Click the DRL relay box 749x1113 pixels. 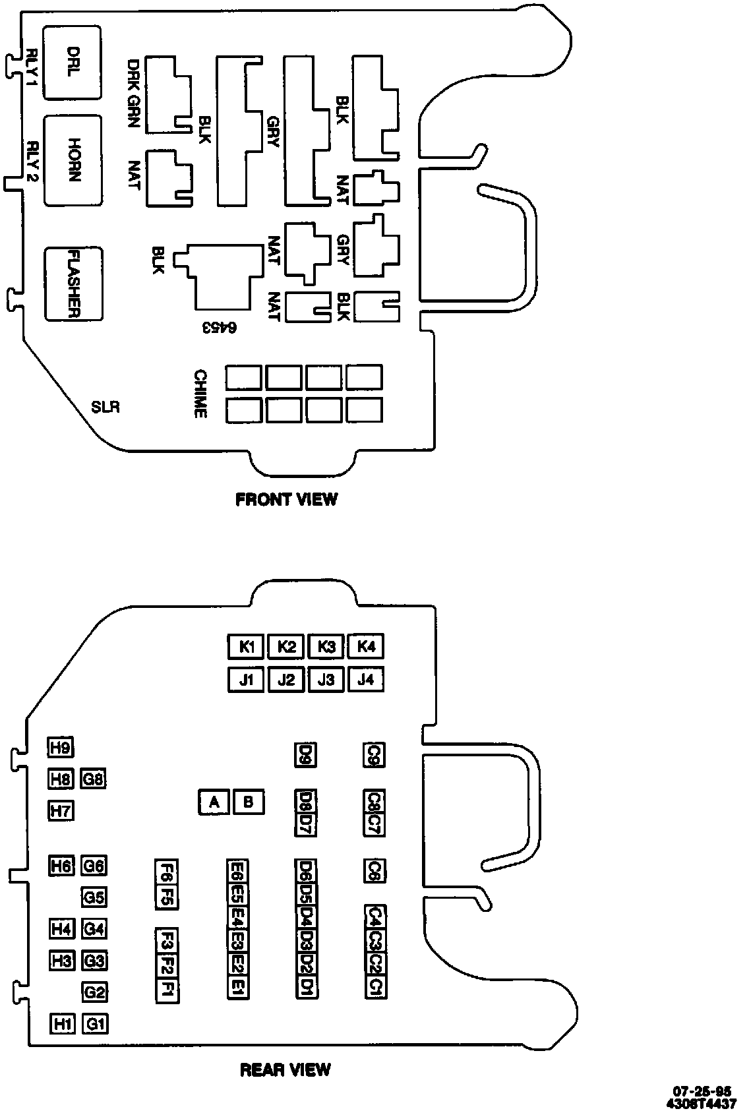click(73, 63)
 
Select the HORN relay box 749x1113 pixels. click(73, 160)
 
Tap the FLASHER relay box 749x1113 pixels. click(73, 284)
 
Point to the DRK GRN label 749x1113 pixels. click(134, 93)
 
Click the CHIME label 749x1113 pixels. click(200, 394)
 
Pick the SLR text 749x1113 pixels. click(105, 407)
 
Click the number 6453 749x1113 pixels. click(219, 327)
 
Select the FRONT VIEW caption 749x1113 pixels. click(286, 500)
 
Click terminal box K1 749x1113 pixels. click(247, 646)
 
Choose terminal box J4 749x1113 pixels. click(366, 679)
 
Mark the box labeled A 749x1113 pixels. click(214, 802)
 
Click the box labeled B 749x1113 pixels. click(249, 802)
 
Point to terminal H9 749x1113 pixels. click(61, 747)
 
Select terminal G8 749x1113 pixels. click(94, 779)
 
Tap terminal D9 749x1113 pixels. click(305, 754)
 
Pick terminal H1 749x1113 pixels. click(63, 1024)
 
